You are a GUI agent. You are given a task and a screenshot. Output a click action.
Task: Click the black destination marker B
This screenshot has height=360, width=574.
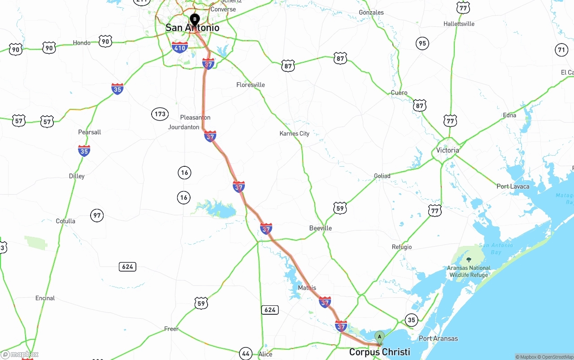coord(195,19)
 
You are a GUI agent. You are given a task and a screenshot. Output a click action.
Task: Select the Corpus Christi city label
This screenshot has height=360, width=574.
coord(379,352)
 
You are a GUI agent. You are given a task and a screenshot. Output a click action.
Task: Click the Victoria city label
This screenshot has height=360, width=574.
coord(448,150)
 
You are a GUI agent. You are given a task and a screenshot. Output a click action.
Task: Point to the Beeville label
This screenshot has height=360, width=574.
coord(321,228)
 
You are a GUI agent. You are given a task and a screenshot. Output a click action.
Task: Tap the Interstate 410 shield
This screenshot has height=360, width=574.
coord(180,47)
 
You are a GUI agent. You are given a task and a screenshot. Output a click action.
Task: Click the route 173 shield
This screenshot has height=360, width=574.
coord(160,114)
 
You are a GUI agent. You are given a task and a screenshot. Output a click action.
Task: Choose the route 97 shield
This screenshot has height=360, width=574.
coord(97,216)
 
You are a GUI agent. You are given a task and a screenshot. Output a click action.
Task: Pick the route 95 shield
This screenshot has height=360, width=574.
coord(422,43)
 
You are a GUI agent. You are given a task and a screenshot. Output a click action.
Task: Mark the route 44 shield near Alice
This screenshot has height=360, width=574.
coord(245,353)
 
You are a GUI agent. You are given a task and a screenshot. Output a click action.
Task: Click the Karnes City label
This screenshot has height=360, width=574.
coord(294,133)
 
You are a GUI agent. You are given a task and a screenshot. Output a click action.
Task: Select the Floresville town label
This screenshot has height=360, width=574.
coord(251,85)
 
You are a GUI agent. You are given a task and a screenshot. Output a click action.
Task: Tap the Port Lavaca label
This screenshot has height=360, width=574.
coord(513,186)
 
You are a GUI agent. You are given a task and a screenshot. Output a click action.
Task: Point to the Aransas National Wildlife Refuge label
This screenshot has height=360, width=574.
coord(469,271)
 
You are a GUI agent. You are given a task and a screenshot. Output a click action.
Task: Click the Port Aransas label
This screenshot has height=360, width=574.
coord(438,338)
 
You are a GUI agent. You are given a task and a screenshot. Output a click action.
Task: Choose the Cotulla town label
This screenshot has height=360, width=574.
coord(65,221)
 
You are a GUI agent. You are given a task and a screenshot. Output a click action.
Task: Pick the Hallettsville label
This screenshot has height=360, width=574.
coord(459,24)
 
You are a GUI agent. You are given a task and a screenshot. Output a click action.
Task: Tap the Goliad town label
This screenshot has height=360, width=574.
coord(382,176)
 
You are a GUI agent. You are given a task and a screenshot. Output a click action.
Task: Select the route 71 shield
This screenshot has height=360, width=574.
coord(561,50)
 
